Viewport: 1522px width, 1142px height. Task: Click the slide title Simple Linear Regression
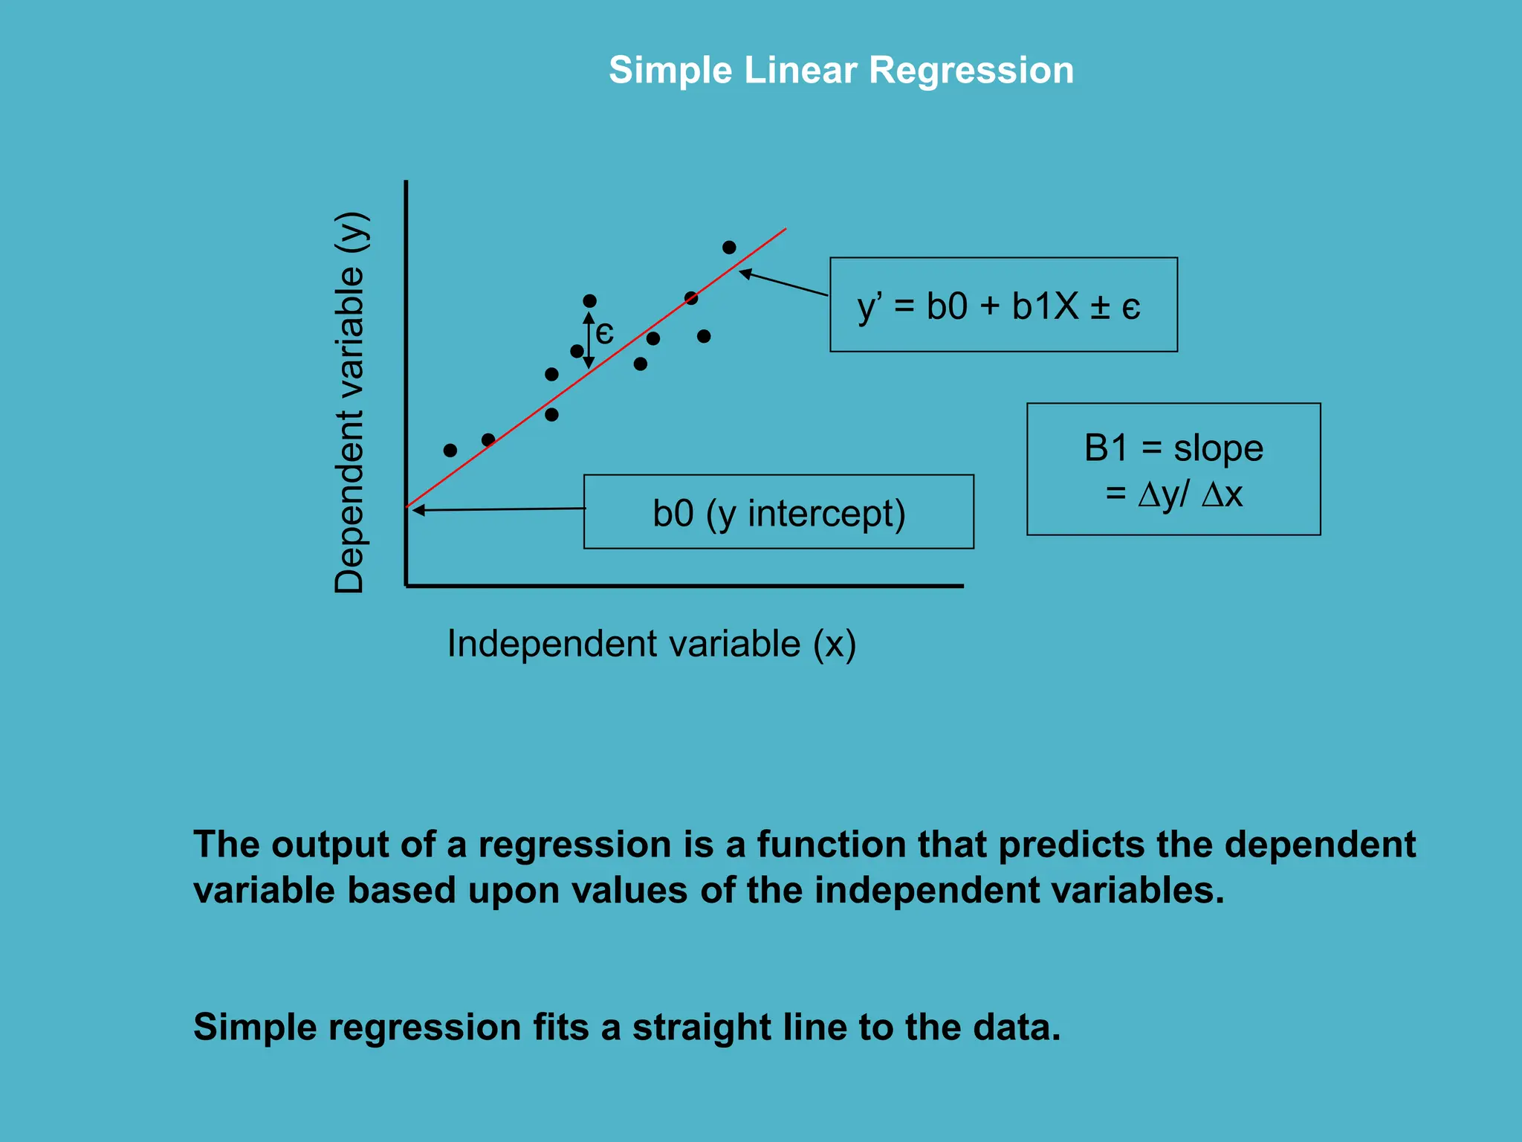[841, 71]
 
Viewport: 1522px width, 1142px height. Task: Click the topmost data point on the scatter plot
[729, 247]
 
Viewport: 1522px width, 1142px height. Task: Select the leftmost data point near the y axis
[450, 451]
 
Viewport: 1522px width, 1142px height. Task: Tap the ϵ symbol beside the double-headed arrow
[605, 333]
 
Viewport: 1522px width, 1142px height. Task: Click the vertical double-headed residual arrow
[589, 341]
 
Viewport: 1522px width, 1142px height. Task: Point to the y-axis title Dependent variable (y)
[349, 401]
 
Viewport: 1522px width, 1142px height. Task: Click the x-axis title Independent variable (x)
[651, 644]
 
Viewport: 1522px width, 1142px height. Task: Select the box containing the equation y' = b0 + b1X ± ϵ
[1003, 305]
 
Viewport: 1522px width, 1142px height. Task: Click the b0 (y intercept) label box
[778, 512]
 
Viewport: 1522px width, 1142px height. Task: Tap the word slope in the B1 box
[1218, 448]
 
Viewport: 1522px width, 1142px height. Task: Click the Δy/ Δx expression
[1189, 494]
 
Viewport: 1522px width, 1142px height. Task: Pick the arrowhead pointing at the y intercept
[418, 510]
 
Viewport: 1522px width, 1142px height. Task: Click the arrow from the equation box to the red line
[784, 283]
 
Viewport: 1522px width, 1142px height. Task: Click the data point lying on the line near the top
[691, 298]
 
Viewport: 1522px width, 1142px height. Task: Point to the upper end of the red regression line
[785, 230]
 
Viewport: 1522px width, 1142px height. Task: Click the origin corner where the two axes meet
[406, 586]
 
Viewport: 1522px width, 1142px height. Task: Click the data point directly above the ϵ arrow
[589, 301]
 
